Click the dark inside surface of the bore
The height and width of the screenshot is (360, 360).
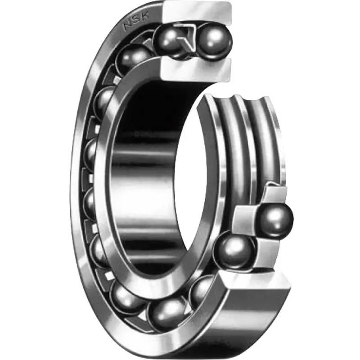pos(148,180)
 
